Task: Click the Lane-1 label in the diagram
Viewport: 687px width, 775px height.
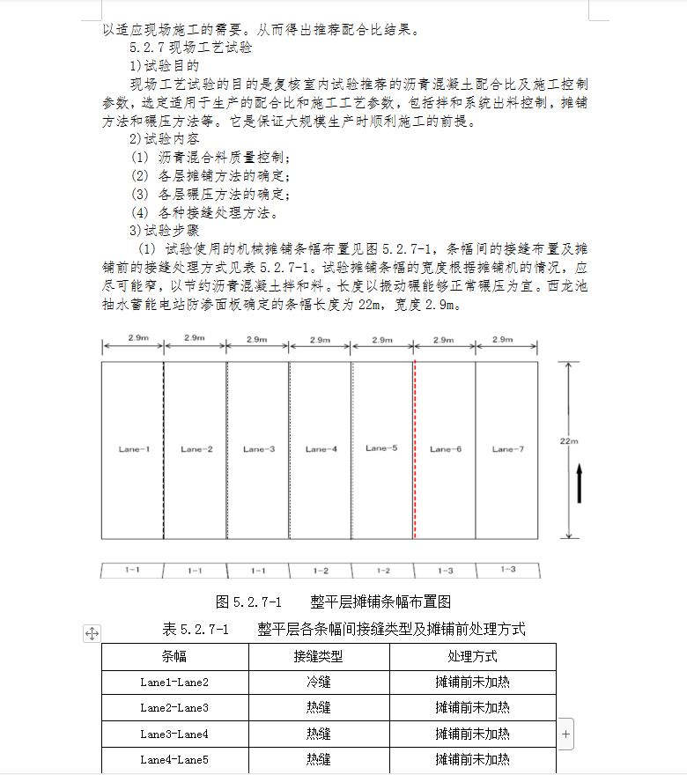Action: point(134,449)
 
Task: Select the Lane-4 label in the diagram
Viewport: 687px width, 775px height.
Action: point(321,449)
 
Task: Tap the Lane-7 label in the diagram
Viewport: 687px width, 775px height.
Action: point(507,449)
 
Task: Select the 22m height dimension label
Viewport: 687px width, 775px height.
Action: point(569,440)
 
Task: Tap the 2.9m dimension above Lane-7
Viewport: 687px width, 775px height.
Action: point(503,339)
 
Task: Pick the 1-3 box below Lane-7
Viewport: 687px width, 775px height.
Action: point(507,570)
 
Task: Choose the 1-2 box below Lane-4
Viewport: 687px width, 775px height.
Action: point(321,571)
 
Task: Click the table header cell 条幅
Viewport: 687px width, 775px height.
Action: point(174,656)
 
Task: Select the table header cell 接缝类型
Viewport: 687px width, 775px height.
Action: point(318,656)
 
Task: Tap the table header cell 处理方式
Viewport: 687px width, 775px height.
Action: point(472,656)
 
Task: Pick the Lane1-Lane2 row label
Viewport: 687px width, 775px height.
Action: point(174,682)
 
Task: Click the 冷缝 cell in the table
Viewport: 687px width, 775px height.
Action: point(318,682)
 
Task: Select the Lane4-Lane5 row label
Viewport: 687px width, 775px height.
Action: point(174,759)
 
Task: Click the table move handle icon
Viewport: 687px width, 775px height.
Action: point(92,632)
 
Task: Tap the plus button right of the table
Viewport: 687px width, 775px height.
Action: point(565,733)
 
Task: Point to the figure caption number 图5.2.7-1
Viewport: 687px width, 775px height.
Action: point(248,602)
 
